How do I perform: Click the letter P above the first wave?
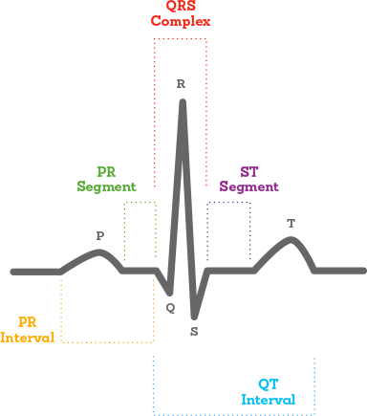[x=100, y=235]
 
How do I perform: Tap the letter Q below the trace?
[x=170, y=308]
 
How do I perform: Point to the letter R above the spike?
[x=181, y=84]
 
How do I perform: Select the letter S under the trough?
[x=194, y=331]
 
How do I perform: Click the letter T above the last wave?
[x=291, y=224]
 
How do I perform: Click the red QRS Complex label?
[x=181, y=12]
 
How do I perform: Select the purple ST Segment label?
[x=248, y=180]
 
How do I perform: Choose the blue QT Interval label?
[x=268, y=391]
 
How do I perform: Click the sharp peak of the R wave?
[x=182, y=101]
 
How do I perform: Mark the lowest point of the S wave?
[x=194, y=316]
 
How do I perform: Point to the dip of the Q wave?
[x=169, y=292]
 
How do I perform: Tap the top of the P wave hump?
[x=99, y=252]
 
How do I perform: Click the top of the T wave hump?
[x=291, y=239]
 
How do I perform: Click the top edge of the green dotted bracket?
[x=140, y=203]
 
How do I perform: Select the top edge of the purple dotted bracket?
[x=229, y=203]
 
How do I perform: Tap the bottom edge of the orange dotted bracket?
[x=107, y=341]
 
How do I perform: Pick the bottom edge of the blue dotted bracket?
[x=234, y=413]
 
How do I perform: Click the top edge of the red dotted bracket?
[x=181, y=39]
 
